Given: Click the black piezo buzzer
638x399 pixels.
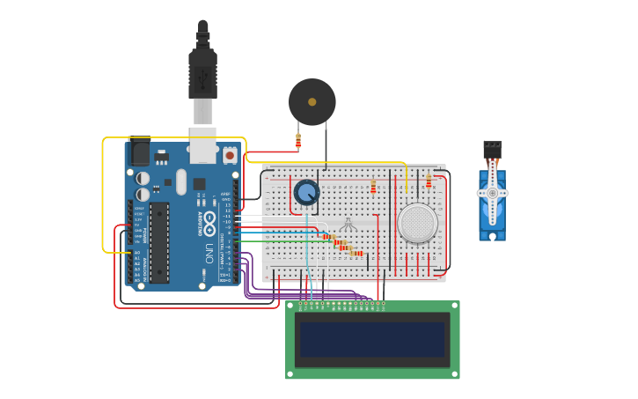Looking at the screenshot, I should [312, 101].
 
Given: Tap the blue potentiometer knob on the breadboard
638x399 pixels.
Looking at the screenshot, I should [306, 192].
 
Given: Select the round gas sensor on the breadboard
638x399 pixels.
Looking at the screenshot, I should [417, 223].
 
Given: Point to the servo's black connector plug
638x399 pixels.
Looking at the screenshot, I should [492, 150].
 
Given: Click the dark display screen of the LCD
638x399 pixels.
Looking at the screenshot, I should [372, 339].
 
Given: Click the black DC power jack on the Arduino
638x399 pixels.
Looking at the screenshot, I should [139, 152].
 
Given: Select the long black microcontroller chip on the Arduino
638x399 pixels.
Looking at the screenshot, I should [159, 242].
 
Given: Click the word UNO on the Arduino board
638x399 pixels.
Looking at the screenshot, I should [209, 253].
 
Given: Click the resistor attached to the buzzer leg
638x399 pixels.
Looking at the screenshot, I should [298, 140].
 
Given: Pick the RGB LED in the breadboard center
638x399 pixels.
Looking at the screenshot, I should [348, 224].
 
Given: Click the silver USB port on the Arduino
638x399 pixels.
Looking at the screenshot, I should [202, 145].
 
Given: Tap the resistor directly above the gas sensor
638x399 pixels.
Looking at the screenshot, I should [429, 181].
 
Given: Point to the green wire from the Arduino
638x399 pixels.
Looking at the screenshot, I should [273, 240].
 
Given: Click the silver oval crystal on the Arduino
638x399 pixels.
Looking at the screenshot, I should [181, 182].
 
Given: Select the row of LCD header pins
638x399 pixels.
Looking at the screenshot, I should [341, 305].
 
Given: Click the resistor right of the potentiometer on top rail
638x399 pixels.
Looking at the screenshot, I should [373, 187].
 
